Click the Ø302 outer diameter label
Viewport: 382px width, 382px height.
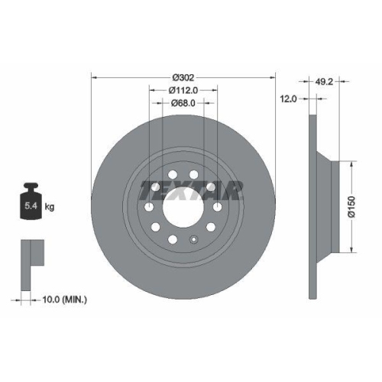[x=183, y=76]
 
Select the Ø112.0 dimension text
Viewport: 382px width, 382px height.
[x=183, y=90]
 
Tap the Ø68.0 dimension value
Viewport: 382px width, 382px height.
[x=183, y=103]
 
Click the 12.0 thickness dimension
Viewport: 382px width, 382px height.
[x=287, y=98]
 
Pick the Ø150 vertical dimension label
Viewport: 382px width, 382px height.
[x=352, y=205]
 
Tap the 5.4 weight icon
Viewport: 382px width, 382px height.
[x=32, y=202]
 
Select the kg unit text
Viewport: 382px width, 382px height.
[x=50, y=206]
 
